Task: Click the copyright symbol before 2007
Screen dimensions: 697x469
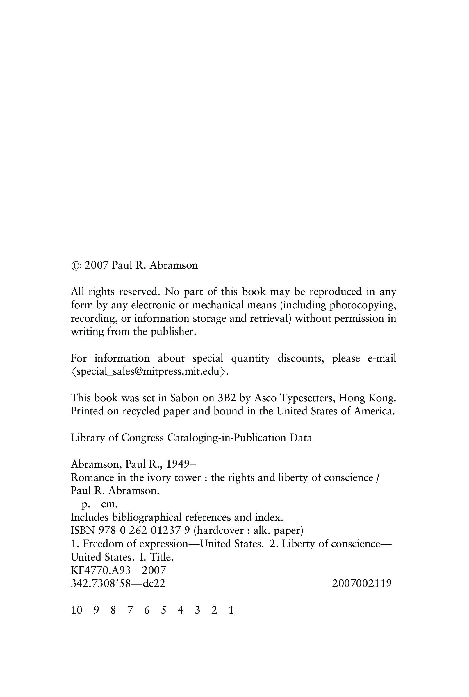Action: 76,266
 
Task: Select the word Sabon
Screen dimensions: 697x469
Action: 185,398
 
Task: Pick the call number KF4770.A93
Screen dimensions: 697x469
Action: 101,570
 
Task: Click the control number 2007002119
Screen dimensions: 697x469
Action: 362,583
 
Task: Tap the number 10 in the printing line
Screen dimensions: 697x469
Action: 76,610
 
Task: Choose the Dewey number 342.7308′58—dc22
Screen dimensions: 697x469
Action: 118,583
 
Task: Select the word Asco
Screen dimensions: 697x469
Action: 265,398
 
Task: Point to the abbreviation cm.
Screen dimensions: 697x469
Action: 109,504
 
